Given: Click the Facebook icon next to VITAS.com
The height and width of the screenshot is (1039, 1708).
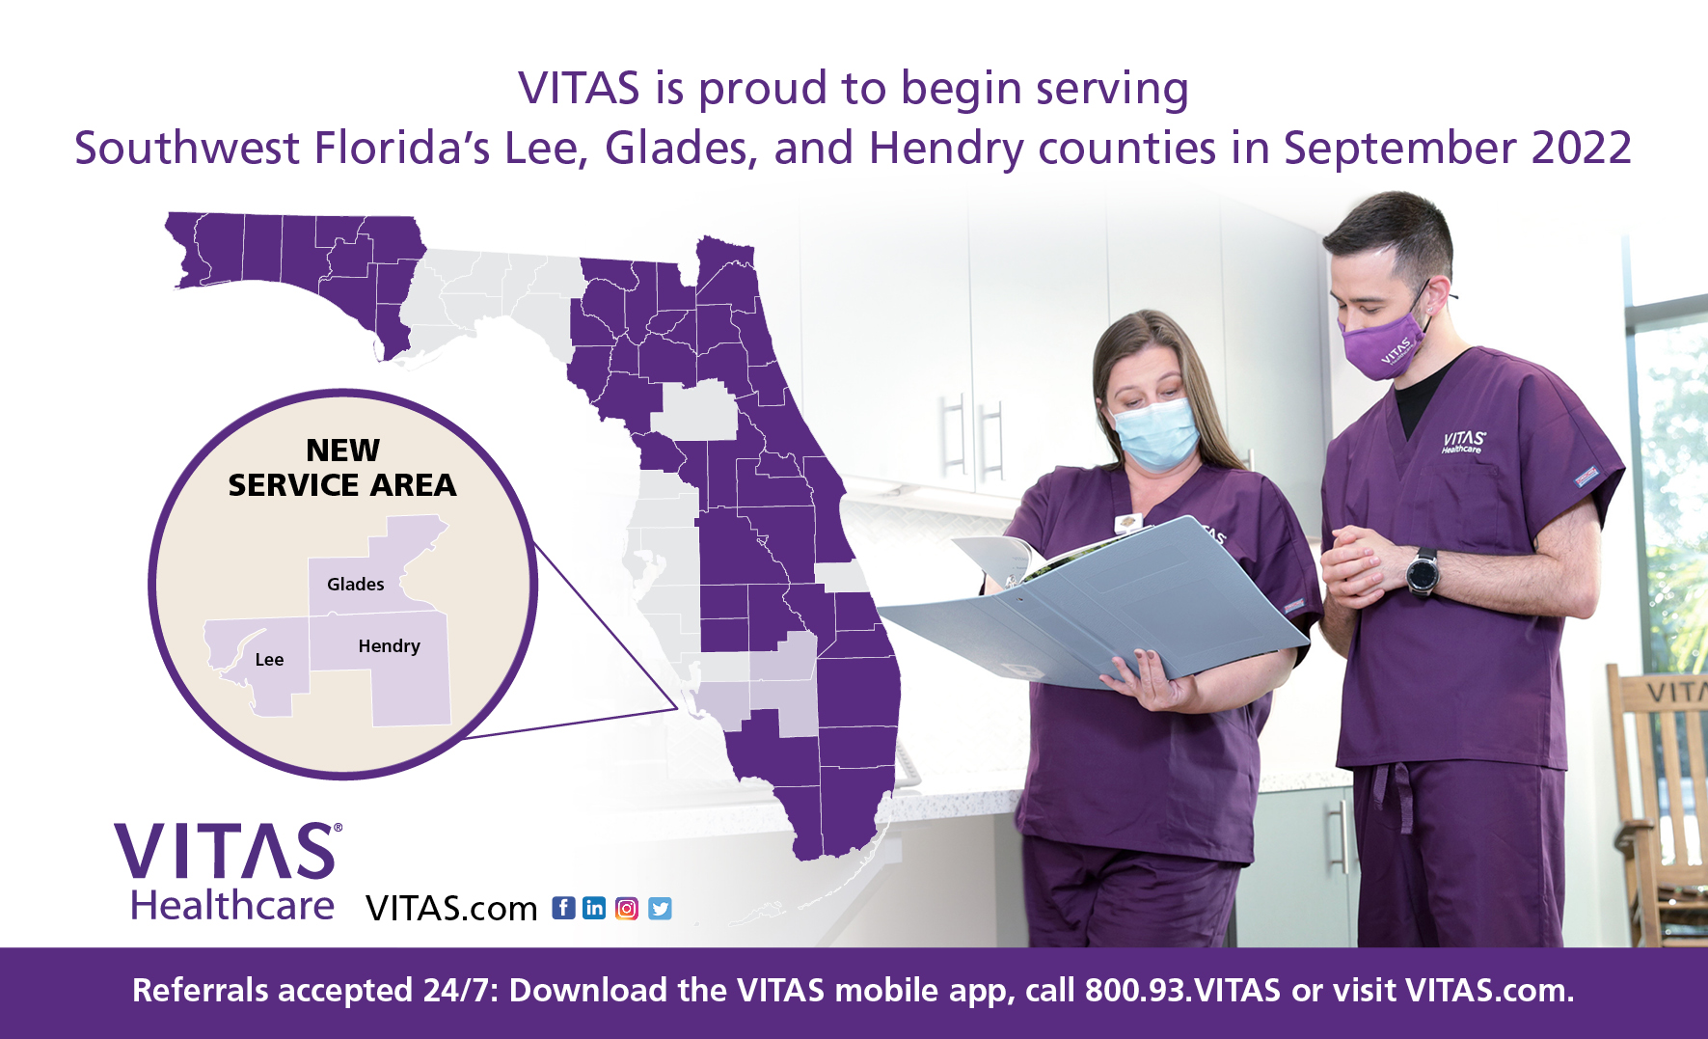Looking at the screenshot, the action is click(563, 908).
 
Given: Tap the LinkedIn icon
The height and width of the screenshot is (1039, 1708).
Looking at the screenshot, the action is click(594, 908).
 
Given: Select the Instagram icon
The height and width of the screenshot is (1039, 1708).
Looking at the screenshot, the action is click(627, 908).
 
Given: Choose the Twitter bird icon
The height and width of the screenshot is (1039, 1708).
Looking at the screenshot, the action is click(660, 908).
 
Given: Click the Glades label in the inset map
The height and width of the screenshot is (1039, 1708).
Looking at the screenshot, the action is click(355, 585).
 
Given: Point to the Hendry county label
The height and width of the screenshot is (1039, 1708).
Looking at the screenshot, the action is click(389, 646).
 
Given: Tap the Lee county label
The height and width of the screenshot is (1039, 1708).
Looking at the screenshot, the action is click(269, 660).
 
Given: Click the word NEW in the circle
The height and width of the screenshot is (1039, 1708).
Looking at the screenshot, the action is click(342, 450).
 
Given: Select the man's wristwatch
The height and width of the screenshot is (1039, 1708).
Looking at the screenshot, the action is click(1422, 572).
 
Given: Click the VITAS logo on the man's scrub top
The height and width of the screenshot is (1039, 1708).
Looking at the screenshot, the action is click(1463, 442).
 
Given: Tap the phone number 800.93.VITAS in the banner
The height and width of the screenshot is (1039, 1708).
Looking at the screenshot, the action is click(1182, 991).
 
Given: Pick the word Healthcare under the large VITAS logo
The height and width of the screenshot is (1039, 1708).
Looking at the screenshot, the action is click(232, 906).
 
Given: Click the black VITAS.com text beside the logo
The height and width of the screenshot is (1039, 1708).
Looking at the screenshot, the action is click(451, 909).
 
